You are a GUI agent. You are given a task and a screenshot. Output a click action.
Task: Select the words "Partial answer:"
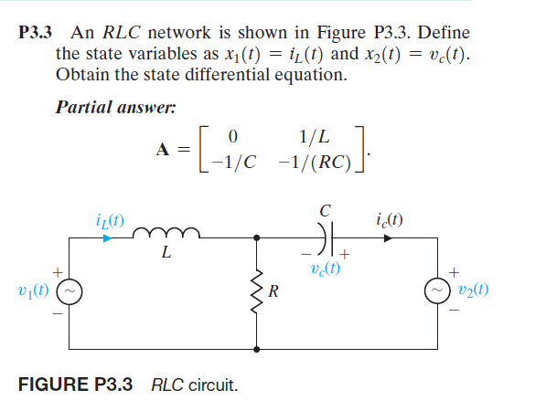pyautogui.click(x=115, y=105)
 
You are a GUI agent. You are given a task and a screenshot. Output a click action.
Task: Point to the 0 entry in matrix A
pyautogui.click(x=233, y=137)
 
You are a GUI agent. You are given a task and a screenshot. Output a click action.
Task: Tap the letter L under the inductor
pyautogui.click(x=165, y=254)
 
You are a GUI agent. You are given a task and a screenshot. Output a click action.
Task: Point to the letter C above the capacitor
pyautogui.click(x=325, y=212)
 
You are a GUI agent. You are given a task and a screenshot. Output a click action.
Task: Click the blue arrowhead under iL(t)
pyautogui.click(x=108, y=237)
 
